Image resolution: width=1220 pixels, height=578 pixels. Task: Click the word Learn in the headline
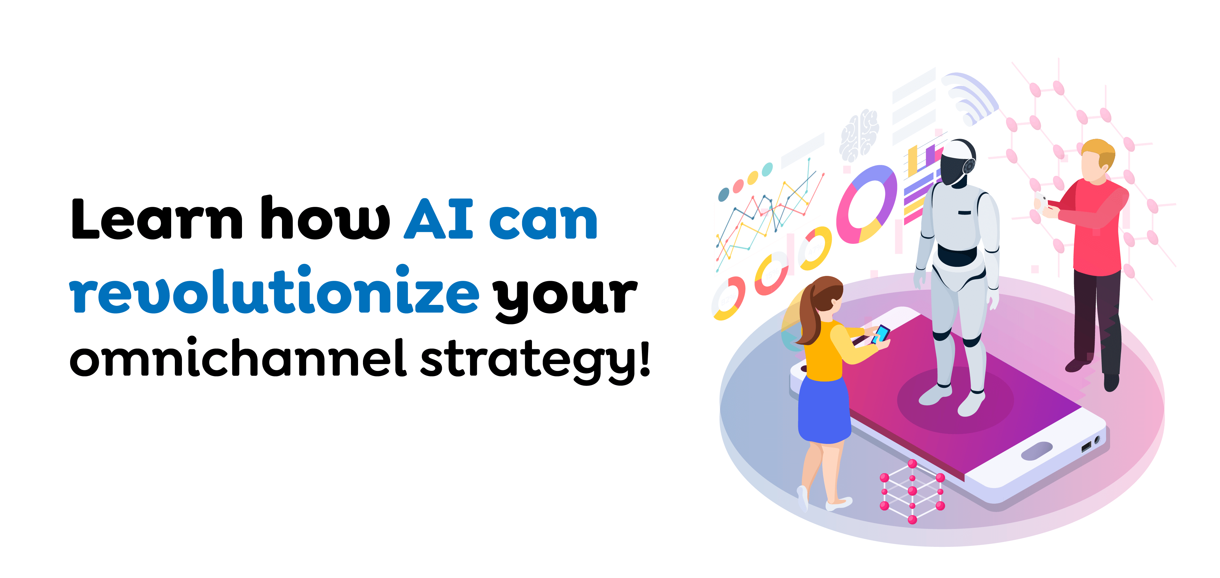(x=156, y=219)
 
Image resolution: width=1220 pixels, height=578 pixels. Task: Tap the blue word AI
(x=438, y=219)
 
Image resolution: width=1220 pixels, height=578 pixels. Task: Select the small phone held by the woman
(x=881, y=333)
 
